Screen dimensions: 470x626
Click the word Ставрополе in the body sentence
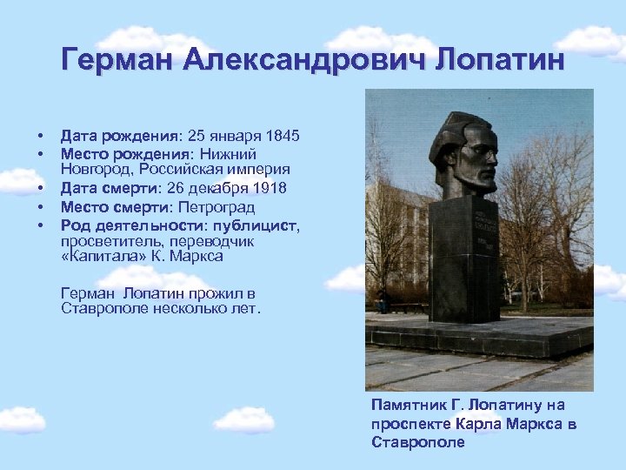[101, 309]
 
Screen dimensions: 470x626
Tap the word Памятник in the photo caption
[410, 406]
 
